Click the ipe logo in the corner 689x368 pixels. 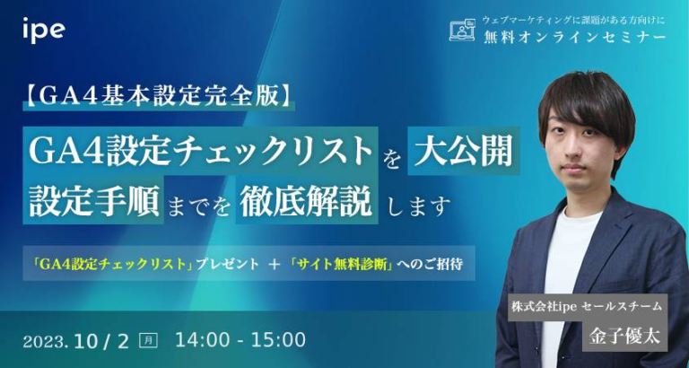42,29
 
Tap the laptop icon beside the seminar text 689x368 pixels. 461,31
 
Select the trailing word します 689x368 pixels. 417,206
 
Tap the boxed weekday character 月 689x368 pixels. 149,340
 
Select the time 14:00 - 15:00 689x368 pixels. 240,339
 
